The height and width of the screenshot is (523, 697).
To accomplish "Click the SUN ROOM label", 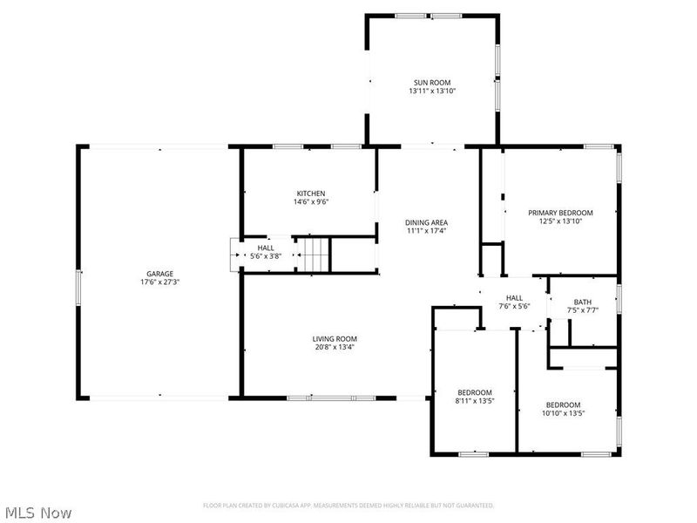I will point(432,81).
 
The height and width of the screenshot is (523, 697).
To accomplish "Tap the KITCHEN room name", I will point(311,194).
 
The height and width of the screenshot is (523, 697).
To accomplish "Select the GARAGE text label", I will point(159,273).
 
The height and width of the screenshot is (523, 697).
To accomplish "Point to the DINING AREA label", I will point(426,222).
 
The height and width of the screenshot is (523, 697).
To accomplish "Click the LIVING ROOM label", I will point(335,338).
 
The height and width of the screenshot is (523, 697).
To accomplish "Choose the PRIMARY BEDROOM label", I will point(560,213).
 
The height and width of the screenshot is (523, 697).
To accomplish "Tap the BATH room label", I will point(582,302).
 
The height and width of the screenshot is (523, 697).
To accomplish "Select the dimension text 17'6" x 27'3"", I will point(159,282).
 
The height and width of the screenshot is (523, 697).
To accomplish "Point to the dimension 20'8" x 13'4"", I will point(335,347).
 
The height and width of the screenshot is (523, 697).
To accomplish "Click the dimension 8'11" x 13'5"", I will point(475,401).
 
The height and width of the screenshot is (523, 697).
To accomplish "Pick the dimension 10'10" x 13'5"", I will point(563,413).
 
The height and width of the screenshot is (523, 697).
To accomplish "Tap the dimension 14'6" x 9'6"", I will point(311,202).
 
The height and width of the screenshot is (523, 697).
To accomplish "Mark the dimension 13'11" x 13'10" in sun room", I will point(432,91).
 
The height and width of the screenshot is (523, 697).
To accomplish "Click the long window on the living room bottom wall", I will point(327,398).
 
